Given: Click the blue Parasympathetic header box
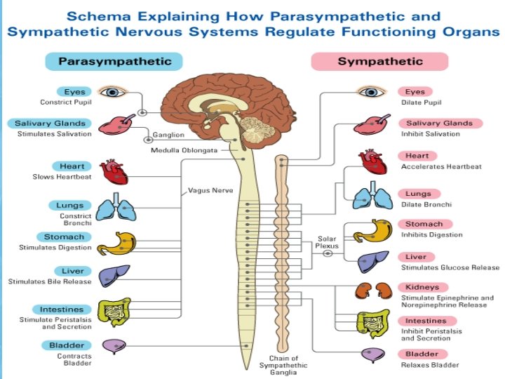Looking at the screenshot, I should pos(114,61).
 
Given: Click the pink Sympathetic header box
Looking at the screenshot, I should pos(379,61).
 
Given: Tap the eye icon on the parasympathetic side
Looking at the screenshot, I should pos(111,92).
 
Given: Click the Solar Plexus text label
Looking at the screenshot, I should pos(328,242).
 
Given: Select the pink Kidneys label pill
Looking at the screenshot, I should pos(422,287).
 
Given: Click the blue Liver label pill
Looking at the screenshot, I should pos(72,271).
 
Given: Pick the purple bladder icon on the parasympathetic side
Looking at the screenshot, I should pos(115,346).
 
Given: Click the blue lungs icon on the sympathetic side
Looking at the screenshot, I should pos(373,199).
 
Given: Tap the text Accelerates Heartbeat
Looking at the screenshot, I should pos(441,167).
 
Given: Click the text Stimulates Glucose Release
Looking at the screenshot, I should pos(450,267).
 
